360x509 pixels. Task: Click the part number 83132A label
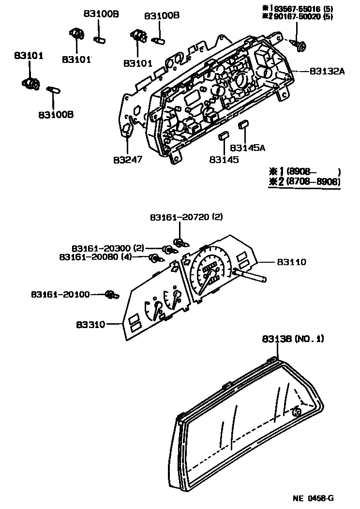pyautogui.click(x=327, y=71)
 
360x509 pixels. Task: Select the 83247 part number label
pyautogui.click(x=128, y=159)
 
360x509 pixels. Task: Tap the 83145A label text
pyautogui.click(x=247, y=148)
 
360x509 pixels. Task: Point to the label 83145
pyautogui.click(x=224, y=159)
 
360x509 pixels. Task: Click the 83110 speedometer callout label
pyautogui.click(x=292, y=262)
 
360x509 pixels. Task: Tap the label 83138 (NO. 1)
pyautogui.click(x=293, y=339)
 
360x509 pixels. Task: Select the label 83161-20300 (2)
pyautogui.click(x=108, y=247)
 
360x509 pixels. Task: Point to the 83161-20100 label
pyautogui.click(x=60, y=294)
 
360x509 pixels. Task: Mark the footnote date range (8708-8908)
pyautogui.click(x=313, y=182)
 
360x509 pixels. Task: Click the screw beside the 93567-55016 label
pyautogui.click(x=300, y=46)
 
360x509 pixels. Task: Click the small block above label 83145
pyautogui.click(x=224, y=136)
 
